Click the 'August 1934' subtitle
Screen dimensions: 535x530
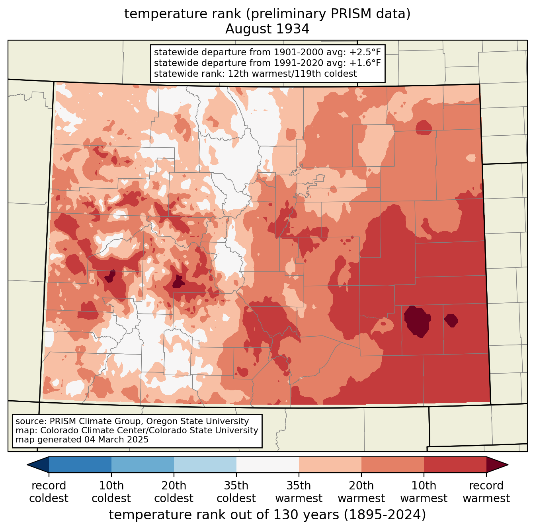point(267,29)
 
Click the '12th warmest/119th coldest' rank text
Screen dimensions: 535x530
point(292,74)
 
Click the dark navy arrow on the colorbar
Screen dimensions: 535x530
point(38,464)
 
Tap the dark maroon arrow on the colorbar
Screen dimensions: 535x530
point(497,464)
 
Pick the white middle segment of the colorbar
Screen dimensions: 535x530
point(267,464)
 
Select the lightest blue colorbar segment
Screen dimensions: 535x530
point(205,464)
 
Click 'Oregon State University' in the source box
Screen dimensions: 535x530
point(197,421)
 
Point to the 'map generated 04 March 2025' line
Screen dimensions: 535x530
point(82,440)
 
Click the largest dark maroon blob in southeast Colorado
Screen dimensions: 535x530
point(417,321)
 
